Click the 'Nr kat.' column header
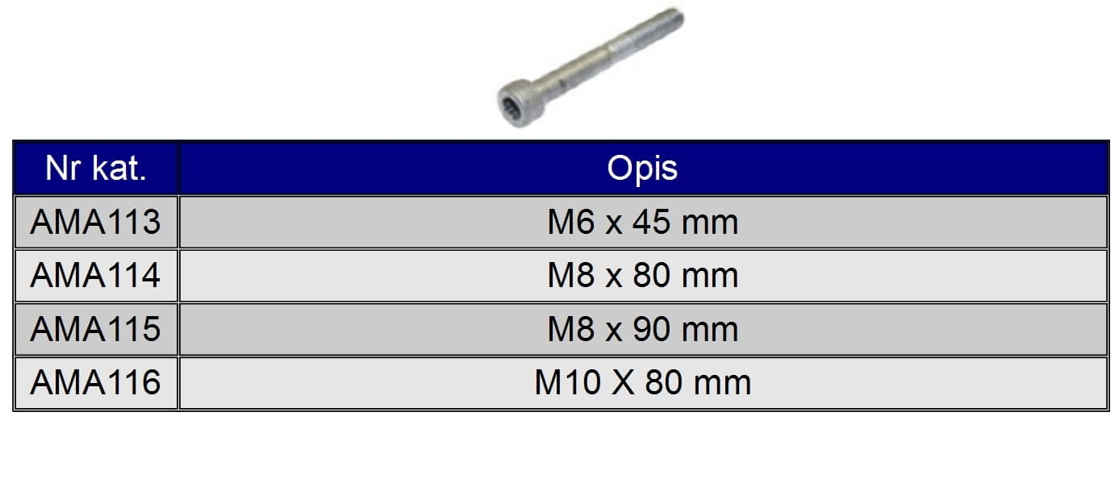click(x=95, y=169)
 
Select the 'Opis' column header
click(x=642, y=169)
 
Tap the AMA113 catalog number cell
click(x=95, y=223)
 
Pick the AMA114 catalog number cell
click(x=95, y=276)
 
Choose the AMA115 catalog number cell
click(x=95, y=329)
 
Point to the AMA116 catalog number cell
click(x=95, y=382)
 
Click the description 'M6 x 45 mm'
click(x=643, y=223)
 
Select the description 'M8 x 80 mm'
click(x=643, y=276)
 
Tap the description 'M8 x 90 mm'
click(x=643, y=329)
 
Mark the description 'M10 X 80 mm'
click(x=643, y=382)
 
